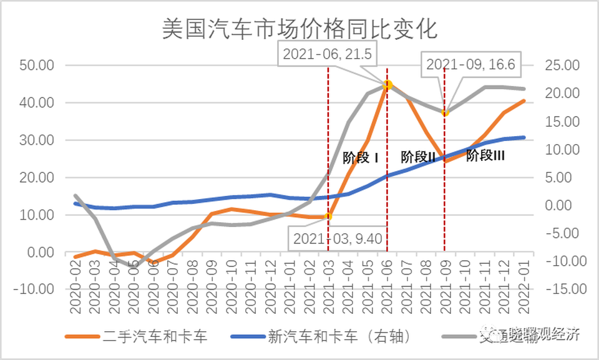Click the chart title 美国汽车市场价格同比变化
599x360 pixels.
(x=300, y=29)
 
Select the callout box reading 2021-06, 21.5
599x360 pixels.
(x=327, y=54)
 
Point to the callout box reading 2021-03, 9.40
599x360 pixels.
(x=336, y=238)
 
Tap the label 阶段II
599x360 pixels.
(x=417, y=157)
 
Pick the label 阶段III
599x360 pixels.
(x=485, y=155)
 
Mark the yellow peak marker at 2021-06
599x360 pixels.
(x=387, y=84)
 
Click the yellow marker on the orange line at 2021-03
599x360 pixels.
(x=328, y=216)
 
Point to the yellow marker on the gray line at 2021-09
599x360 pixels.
(x=445, y=113)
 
